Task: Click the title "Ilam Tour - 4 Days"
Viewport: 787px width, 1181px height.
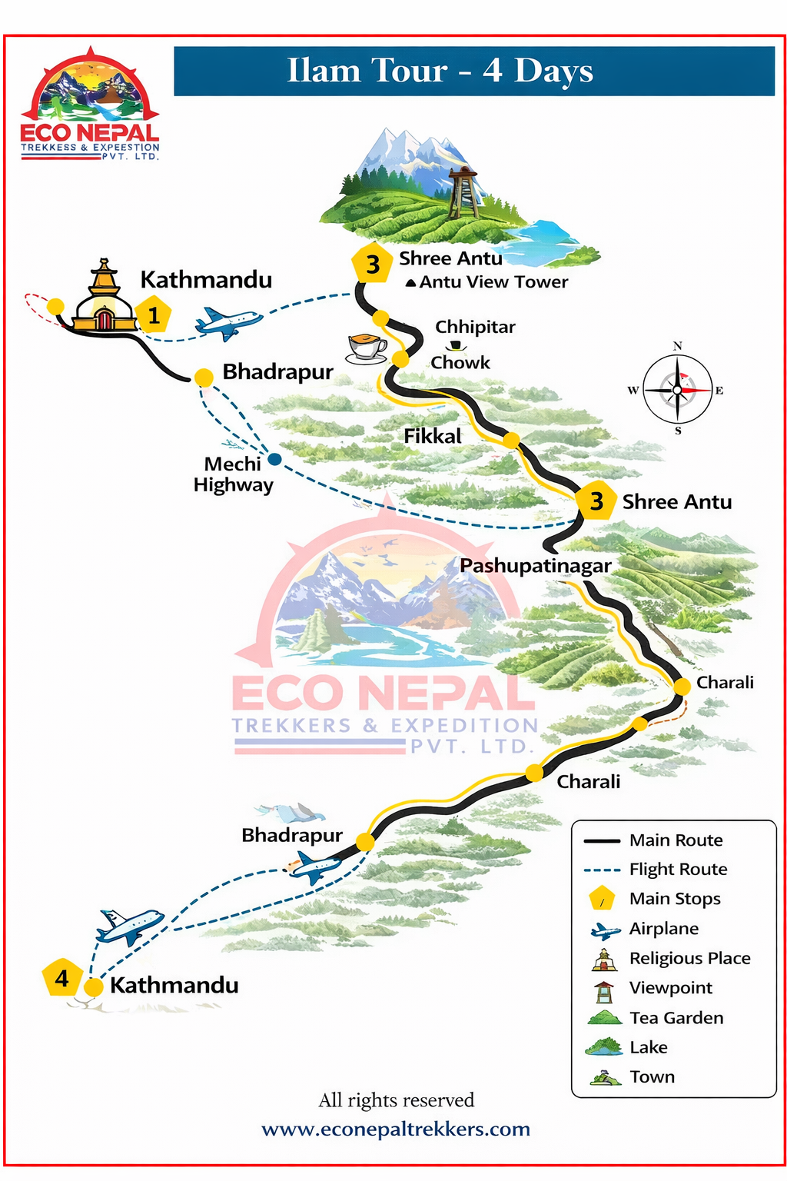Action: (440, 71)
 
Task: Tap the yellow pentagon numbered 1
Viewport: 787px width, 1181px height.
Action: (154, 314)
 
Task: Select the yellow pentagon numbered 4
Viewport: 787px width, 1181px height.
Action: (61, 978)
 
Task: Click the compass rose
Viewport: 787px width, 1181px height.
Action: (677, 390)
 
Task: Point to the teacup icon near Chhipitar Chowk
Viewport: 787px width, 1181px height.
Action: (367, 348)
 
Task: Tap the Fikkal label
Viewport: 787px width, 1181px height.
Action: (433, 436)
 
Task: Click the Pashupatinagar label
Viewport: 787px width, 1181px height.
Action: (536, 566)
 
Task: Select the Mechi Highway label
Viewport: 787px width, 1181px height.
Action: (233, 474)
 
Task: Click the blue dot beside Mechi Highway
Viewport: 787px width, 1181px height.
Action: (274, 459)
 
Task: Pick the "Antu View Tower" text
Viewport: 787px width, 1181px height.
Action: (493, 282)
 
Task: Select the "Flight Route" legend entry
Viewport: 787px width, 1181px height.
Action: (678, 870)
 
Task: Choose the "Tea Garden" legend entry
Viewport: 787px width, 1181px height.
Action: (676, 1018)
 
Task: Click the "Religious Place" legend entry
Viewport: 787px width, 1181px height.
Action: (689, 959)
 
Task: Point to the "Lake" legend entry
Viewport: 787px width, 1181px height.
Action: (648, 1047)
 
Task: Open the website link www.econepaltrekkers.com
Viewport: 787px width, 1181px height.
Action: (396, 1129)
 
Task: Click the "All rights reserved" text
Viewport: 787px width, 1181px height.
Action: (396, 1100)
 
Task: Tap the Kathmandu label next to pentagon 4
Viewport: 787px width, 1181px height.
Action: (174, 985)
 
